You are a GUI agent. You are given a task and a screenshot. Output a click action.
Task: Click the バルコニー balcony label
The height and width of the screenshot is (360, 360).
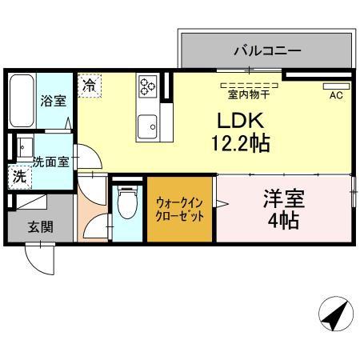click(267, 50)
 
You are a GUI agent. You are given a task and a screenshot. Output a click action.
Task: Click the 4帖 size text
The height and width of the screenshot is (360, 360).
click(284, 220)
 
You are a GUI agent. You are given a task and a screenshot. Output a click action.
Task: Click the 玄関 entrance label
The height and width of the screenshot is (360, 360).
click(40, 226)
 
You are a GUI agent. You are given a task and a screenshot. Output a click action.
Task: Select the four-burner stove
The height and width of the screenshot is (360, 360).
click(149, 86)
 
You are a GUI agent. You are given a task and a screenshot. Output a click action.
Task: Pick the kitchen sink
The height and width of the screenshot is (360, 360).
click(147, 126)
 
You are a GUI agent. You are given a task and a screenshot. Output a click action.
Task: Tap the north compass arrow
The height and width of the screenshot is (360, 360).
click(337, 313)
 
